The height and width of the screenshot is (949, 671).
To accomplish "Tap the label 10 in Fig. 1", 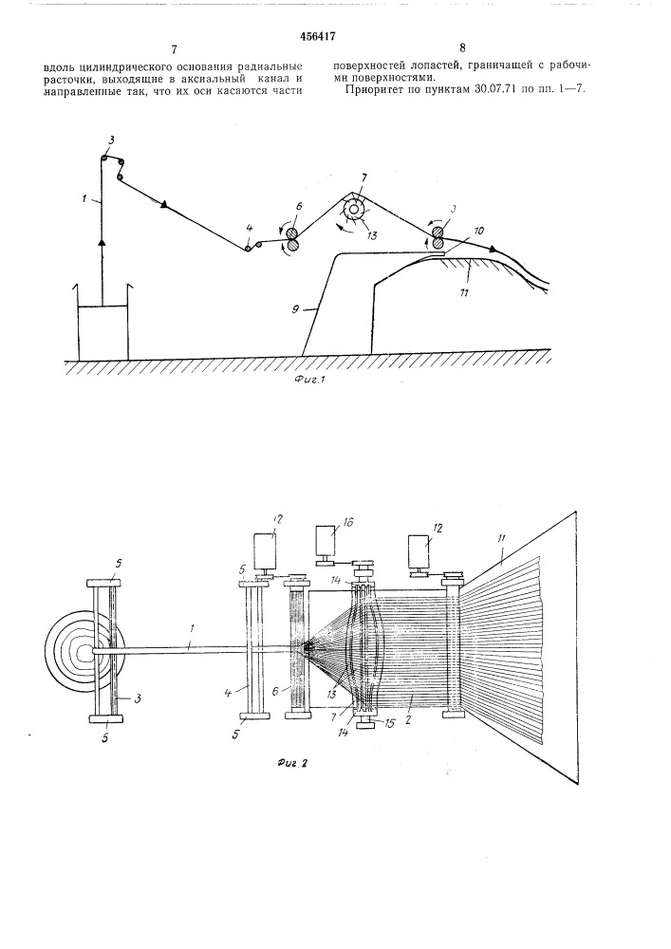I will (x=480, y=231).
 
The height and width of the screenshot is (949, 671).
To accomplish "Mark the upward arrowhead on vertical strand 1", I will (x=102, y=244).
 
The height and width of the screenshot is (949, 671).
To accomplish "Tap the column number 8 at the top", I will (x=462, y=47).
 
